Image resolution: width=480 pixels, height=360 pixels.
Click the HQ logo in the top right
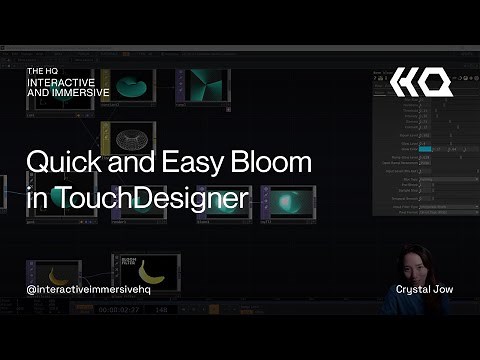pos(421,83)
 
